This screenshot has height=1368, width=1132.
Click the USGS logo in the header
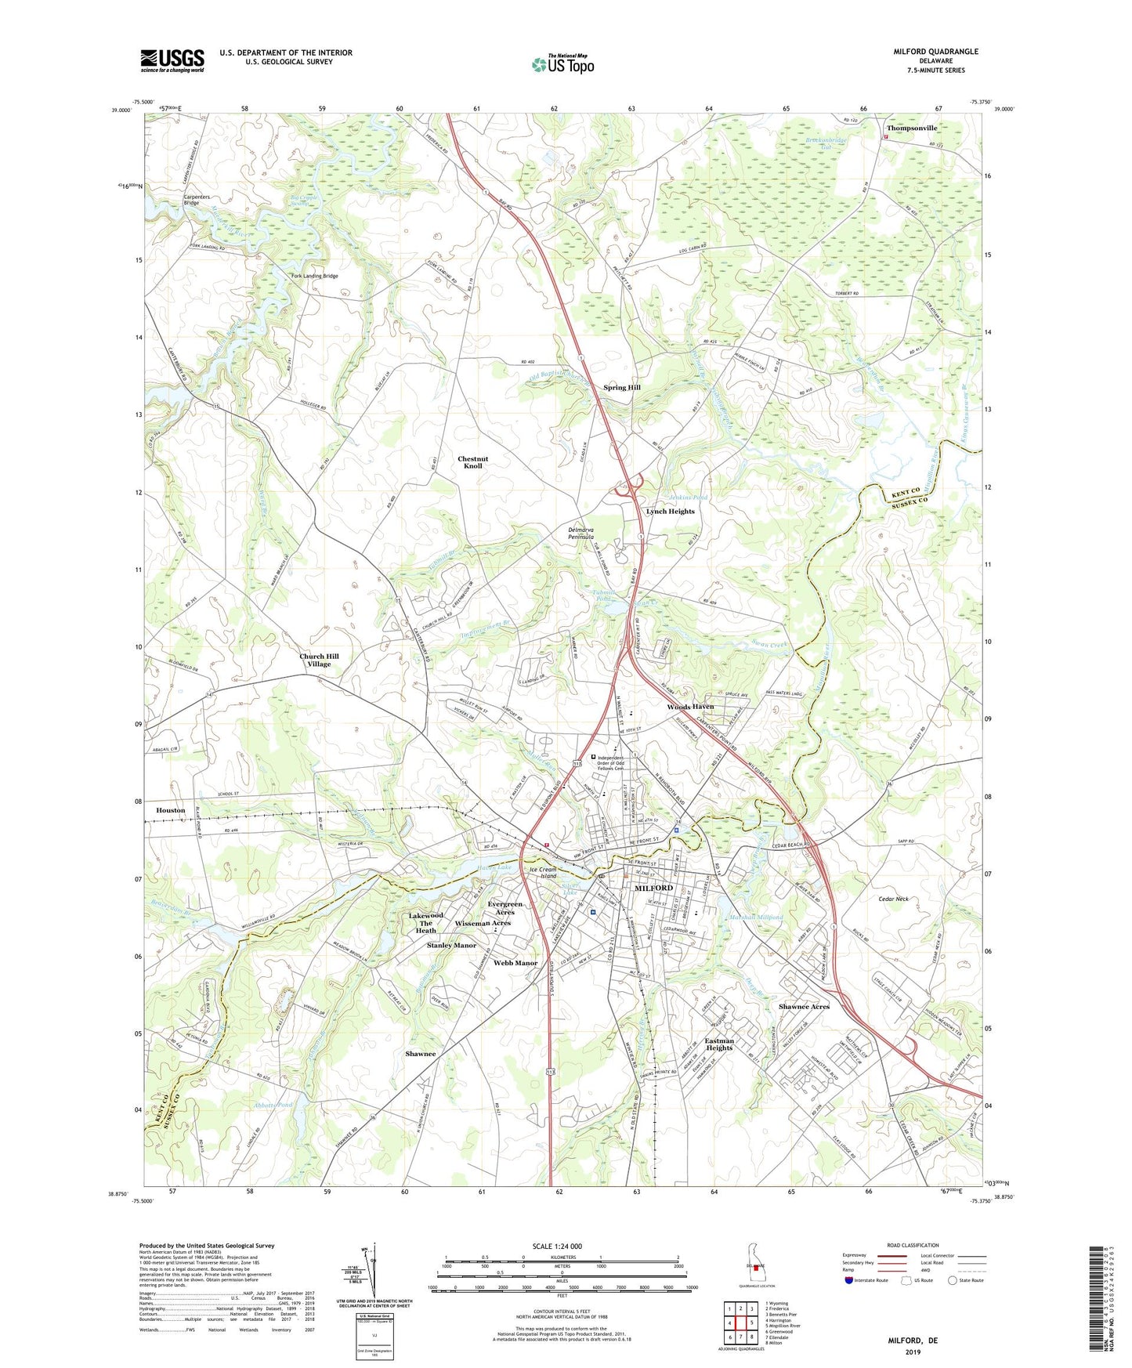172,60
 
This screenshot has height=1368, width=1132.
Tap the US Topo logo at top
562,63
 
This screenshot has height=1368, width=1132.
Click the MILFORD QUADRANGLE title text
935,52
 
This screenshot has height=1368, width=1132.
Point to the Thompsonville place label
911,128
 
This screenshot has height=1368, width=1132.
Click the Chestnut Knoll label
472,462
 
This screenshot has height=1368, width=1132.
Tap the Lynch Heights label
670,511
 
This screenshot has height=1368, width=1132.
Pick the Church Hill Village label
319,660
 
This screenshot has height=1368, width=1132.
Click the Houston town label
170,810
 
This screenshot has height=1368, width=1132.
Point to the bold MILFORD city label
653,888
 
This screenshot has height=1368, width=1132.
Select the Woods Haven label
690,707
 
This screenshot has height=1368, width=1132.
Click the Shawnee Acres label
804,1006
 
